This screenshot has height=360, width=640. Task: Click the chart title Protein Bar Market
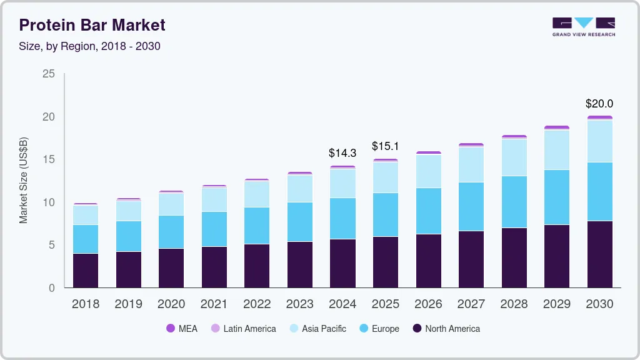click(x=92, y=25)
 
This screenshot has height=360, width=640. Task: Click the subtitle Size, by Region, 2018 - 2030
click(x=89, y=46)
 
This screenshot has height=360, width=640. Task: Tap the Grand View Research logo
click(x=583, y=27)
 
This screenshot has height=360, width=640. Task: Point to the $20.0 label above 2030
click(x=599, y=104)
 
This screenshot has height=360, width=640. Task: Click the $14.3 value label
click(x=342, y=153)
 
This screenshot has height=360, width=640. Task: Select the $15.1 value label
click(x=385, y=146)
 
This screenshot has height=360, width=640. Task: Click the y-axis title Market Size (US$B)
click(x=24, y=181)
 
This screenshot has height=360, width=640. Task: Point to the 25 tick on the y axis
click(x=48, y=74)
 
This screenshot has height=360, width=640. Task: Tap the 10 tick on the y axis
click(x=48, y=202)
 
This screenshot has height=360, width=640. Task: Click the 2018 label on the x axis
click(x=85, y=304)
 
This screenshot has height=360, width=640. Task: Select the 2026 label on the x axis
click(x=428, y=304)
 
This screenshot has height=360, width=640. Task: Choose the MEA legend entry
click(x=182, y=329)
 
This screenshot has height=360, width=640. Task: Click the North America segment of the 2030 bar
click(x=599, y=254)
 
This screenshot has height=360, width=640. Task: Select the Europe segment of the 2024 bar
click(x=342, y=218)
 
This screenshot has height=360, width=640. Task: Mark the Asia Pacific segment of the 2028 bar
click(x=514, y=157)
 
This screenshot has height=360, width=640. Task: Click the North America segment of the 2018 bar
click(x=85, y=270)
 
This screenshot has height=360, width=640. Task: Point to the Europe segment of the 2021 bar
click(x=214, y=229)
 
